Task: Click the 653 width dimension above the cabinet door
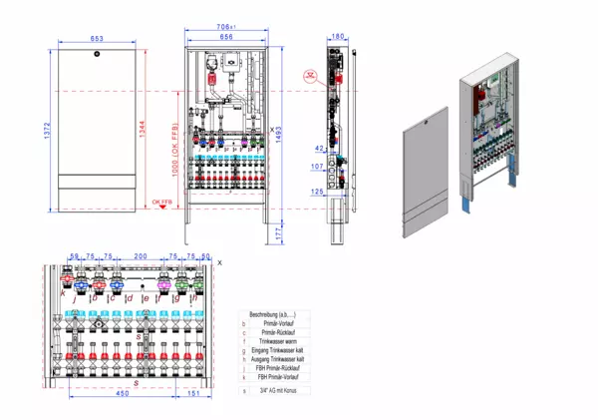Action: pos(97,38)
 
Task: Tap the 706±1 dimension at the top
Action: pos(225,27)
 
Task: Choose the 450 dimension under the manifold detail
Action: pos(121,393)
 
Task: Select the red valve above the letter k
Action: pos(70,281)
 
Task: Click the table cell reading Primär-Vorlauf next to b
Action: pos(281,323)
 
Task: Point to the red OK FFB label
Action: pos(160,203)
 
